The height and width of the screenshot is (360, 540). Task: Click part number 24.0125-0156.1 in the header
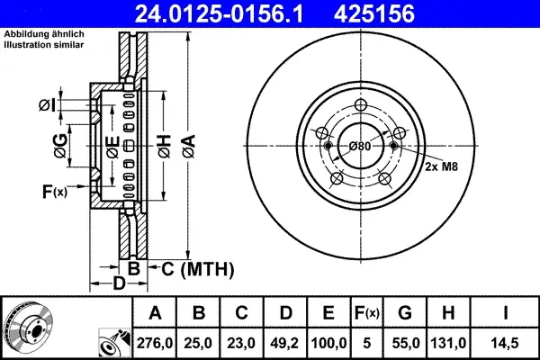(x=219, y=13)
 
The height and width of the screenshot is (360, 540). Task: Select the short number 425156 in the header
(x=374, y=13)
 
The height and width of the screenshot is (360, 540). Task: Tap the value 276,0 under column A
(x=155, y=343)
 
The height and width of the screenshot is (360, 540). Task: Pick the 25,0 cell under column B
(x=198, y=343)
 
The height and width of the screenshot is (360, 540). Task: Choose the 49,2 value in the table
(x=284, y=343)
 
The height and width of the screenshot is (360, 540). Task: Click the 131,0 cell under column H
(x=448, y=343)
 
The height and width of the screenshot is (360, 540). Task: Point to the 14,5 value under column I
(x=505, y=343)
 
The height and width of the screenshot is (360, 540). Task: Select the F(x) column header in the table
(x=367, y=313)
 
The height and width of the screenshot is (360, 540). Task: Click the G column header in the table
(x=405, y=313)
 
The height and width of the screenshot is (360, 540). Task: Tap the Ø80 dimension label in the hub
(x=360, y=147)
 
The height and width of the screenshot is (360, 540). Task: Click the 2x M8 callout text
(x=441, y=166)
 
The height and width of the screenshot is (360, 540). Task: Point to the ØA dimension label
(x=189, y=147)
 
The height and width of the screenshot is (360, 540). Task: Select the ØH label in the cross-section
(x=165, y=147)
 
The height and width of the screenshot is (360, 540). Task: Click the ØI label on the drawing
(x=47, y=105)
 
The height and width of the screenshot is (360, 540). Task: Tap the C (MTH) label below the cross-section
(x=197, y=269)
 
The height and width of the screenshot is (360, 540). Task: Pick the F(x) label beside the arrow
(x=55, y=192)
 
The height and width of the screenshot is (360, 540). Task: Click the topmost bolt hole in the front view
(x=361, y=104)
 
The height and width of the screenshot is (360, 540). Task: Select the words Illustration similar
(x=44, y=45)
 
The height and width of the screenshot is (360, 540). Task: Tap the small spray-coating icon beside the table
(x=114, y=343)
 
